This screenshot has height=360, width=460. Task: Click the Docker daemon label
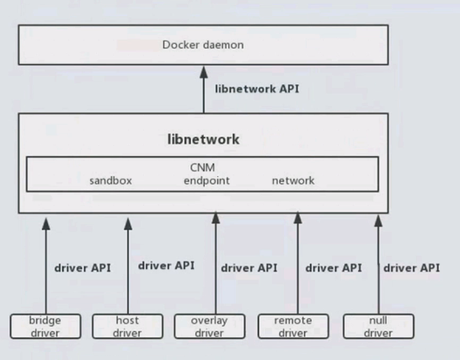(x=203, y=45)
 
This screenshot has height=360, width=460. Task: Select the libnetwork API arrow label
(x=257, y=89)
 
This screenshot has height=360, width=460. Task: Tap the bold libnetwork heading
(x=203, y=139)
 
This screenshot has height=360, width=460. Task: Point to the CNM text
(x=202, y=168)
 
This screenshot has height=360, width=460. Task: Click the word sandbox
(x=110, y=180)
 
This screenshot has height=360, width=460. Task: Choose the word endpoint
(x=206, y=181)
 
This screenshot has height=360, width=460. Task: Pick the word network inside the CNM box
(x=293, y=180)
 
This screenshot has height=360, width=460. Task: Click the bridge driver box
(x=45, y=326)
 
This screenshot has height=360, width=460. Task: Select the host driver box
(x=127, y=326)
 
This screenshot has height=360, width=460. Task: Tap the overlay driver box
(x=210, y=326)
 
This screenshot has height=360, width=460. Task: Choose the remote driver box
(x=293, y=326)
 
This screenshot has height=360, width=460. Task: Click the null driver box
(x=379, y=326)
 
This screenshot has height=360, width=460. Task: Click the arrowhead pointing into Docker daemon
(x=204, y=73)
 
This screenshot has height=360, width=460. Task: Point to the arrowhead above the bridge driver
(x=45, y=223)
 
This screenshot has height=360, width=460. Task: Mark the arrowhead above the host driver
(x=128, y=223)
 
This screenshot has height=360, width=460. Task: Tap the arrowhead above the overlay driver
(x=216, y=218)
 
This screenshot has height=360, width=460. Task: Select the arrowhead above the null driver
(x=378, y=221)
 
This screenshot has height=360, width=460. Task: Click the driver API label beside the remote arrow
(x=334, y=268)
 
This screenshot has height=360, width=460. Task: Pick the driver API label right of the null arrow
(x=412, y=268)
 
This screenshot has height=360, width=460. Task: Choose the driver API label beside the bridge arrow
(x=83, y=268)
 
